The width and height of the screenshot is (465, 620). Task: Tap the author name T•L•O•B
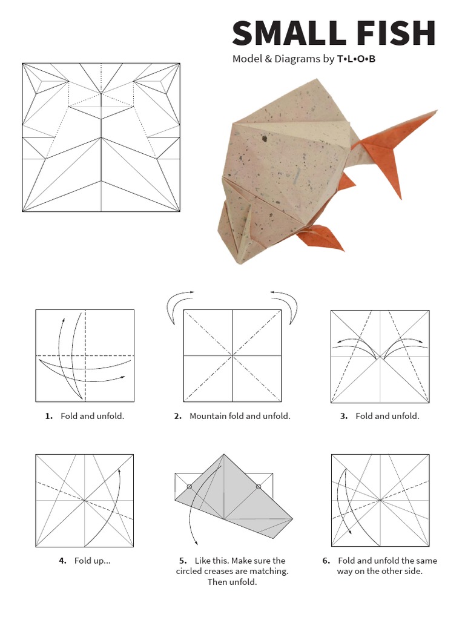point(356,59)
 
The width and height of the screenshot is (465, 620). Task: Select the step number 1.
point(48,416)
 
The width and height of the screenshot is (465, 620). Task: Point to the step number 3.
point(344,416)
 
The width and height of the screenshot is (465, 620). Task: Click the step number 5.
point(183,561)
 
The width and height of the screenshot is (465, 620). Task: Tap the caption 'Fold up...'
point(93,561)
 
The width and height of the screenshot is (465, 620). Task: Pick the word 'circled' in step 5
point(190,571)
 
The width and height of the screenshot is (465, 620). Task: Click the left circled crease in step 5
point(189,487)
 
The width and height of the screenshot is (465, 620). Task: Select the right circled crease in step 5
point(258,487)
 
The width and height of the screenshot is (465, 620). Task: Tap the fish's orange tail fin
point(395,147)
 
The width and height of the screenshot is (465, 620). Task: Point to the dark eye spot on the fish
point(264,139)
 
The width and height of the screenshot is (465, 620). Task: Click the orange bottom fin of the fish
point(321,237)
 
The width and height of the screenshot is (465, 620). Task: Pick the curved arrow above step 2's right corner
point(290,305)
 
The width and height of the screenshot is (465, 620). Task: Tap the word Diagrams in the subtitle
point(297,59)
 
